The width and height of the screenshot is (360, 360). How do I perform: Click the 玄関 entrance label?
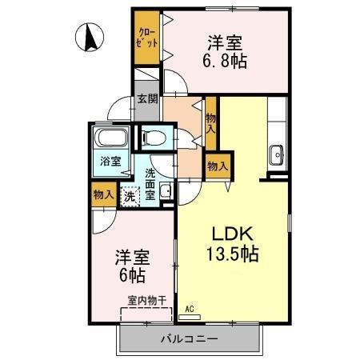pos(147,99)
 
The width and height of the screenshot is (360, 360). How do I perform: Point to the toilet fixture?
pos(153,138)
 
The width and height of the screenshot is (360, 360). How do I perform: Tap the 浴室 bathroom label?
pos(110,161)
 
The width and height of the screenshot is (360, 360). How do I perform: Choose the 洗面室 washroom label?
pos(151,182)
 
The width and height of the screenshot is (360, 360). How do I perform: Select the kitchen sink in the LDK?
pos(277,153)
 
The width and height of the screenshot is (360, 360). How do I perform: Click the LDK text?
pos(232,234)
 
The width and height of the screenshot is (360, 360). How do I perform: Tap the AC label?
pos(190,308)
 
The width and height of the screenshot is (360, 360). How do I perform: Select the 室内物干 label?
pos(146,301)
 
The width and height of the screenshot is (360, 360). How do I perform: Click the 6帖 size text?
pos(133,276)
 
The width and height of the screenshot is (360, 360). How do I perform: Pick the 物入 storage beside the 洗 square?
pos(102,194)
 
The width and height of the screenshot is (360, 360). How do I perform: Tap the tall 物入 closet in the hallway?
pos(211,122)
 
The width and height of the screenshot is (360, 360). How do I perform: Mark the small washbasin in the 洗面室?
pos(165,190)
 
